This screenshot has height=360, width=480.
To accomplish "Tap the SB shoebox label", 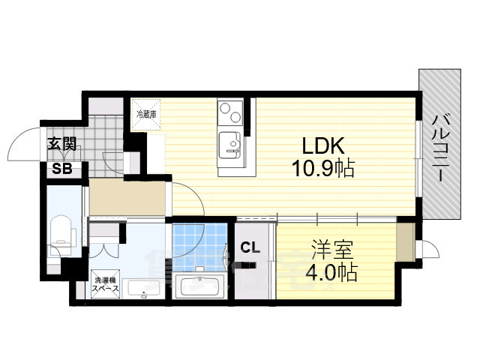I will [61, 169].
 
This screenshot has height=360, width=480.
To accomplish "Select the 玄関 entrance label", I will [61, 145].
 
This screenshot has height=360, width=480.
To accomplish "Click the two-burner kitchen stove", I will [227, 114].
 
